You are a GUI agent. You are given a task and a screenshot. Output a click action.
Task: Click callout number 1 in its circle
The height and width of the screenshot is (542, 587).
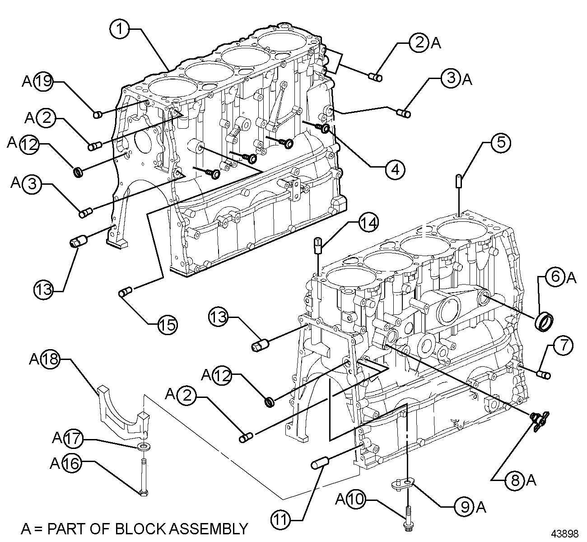[119, 29]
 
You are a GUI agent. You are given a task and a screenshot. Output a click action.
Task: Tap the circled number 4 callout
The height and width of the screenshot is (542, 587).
[395, 169]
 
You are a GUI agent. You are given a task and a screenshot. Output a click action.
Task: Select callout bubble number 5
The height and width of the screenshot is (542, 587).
[495, 143]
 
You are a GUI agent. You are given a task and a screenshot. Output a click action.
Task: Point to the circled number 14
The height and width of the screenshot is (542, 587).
[368, 223]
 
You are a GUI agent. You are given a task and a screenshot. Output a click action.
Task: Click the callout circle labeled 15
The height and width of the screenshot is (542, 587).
[167, 324]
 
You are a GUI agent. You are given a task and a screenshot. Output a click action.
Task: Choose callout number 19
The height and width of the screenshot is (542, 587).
[44, 81]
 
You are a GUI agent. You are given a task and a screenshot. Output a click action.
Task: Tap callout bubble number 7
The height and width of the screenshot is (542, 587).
[561, 346]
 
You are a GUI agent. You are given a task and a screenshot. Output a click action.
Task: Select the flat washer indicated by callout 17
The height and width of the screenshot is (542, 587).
[144, 447]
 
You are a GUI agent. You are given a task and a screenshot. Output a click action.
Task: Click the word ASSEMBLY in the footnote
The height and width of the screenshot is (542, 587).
[210, 528]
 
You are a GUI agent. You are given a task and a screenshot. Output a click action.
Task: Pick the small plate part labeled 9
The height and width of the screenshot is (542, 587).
[401, 485]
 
